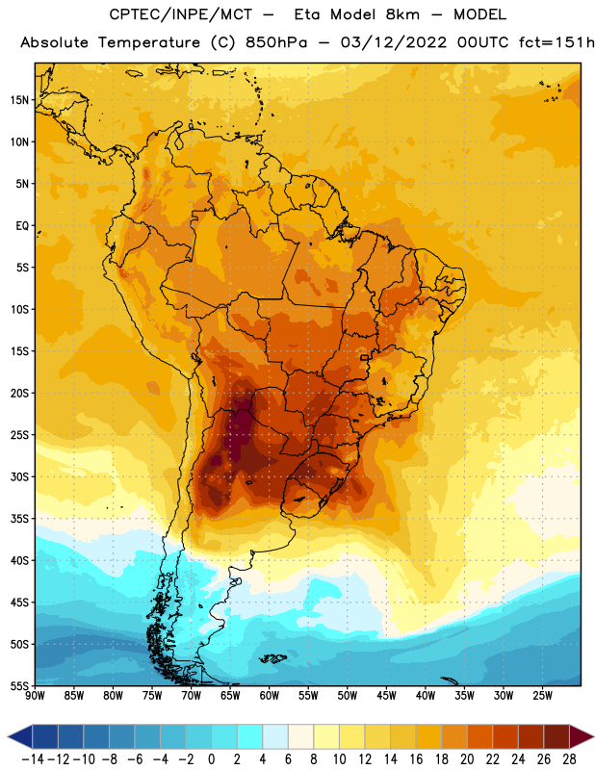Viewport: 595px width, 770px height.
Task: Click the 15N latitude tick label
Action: tap(19, 100)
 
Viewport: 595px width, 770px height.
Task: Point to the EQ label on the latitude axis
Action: tap(22, 226)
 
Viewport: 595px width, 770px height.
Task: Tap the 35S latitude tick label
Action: tap(19, 519)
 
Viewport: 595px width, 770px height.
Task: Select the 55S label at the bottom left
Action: tap(19, 685)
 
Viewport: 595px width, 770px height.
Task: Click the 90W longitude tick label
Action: tap(35, 695)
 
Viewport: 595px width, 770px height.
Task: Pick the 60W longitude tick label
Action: tap(270, 695)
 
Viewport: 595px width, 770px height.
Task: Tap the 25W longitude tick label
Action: tap(542, 695)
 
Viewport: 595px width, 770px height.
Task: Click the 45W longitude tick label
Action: tap(386, 695)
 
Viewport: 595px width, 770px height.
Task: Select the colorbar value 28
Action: tap(569, 759)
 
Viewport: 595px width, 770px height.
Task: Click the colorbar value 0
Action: tap(211, 759)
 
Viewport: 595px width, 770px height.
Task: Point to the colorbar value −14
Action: tap(33, 759)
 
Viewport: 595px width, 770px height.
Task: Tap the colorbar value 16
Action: tap(416, 759)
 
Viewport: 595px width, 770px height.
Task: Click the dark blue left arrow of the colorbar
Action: tap(20, 736)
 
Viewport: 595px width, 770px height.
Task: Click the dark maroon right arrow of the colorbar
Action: tap(582, 736)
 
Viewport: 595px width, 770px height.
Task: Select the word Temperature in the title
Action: tap(149, 42)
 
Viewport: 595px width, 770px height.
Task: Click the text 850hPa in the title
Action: tap(276, 42)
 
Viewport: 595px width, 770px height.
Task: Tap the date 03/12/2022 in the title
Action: tap(394, 42)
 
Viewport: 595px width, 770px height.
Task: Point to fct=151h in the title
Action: tap(556, 42)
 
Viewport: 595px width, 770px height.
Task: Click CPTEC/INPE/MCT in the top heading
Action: tap(181, 14)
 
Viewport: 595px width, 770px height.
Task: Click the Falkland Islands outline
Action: tap(273, 658)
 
